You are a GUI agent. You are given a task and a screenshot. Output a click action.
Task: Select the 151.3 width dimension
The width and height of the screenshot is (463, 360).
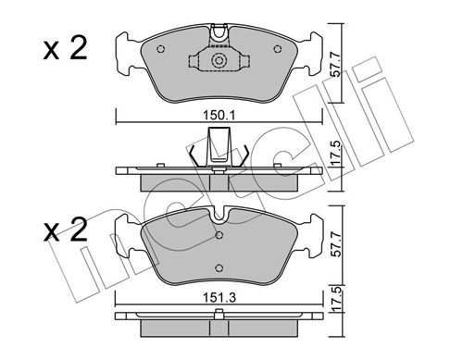[x=219, y=300]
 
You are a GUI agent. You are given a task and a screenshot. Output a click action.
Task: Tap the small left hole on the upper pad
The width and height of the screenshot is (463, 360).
[x=161, y=51]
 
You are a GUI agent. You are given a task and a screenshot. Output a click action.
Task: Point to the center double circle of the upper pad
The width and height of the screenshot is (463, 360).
[x=219, y=62]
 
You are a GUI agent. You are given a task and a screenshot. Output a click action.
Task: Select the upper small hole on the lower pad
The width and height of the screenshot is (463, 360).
[x=219, y=235]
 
